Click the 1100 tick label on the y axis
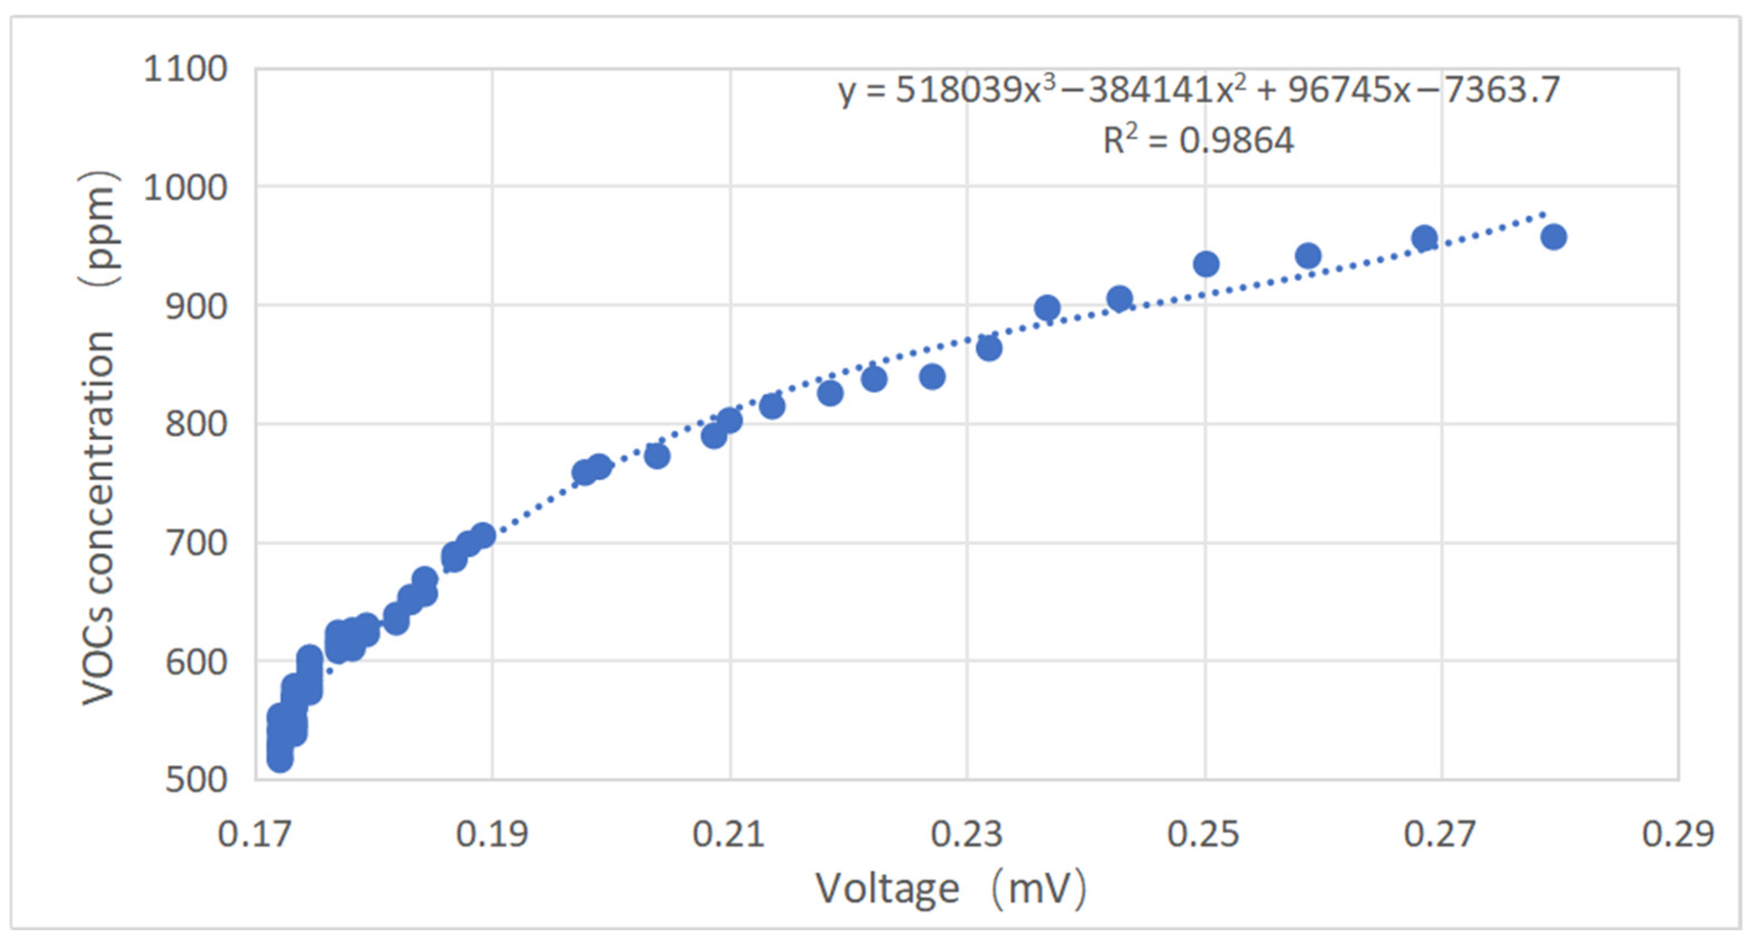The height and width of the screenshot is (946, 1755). [x=184, y=69]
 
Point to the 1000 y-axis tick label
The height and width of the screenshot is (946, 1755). [x=184, y=187]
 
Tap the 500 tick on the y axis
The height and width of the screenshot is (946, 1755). [x=196, y=779]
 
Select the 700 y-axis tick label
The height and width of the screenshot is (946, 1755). [x=196, y=544]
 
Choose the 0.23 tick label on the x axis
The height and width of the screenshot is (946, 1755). [x=966, y=833]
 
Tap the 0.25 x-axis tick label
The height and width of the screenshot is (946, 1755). [x=1203, y=833]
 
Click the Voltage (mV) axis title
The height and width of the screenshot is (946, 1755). [x=951, y=889]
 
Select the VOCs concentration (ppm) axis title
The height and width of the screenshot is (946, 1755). [x=99, y=439]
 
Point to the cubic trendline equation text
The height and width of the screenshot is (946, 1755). [x=1198, y=90]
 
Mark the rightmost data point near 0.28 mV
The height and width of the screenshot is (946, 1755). [x=1553, y=238]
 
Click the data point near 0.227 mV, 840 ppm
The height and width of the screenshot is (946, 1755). [x=932, y=377]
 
